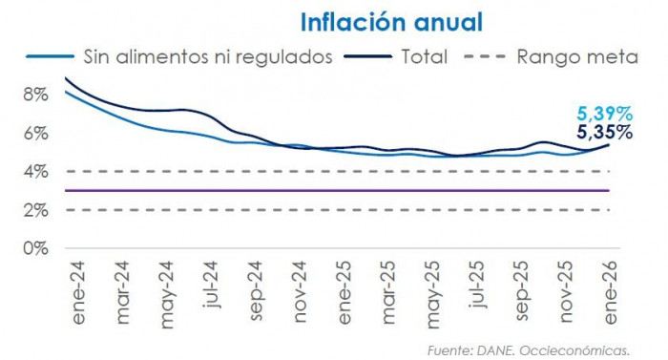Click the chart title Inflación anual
point(391,21)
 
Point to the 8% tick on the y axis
point(35,95)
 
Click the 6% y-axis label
point(35,133)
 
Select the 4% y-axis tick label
point(35,171)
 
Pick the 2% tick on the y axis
point(35,209)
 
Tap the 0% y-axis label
point(35,247)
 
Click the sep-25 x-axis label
point(523,284)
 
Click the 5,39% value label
point(606,114)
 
